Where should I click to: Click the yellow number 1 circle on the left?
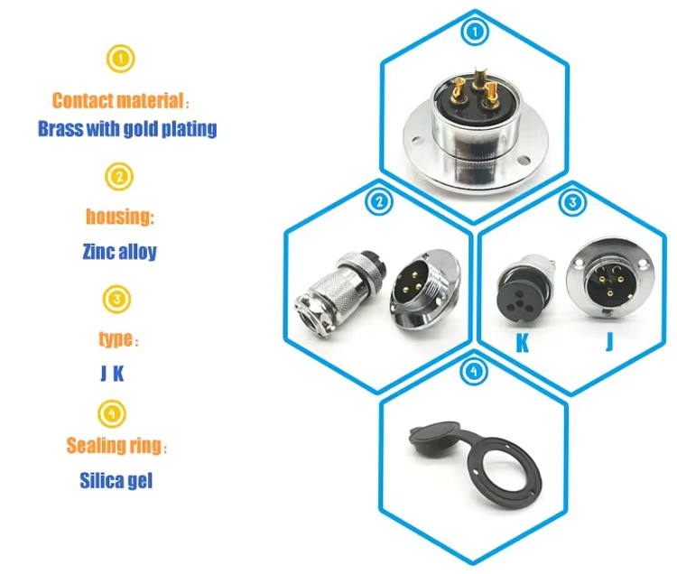121,60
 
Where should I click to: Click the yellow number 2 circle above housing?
121,176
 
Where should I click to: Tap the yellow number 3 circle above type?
121,297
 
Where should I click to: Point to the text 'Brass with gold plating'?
127,128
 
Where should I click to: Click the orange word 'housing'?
119,217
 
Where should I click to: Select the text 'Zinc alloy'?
119,250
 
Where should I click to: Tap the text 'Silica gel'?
116,479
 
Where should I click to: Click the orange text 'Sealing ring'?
116,446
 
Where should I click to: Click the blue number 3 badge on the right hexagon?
570,202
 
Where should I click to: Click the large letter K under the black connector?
521,344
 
